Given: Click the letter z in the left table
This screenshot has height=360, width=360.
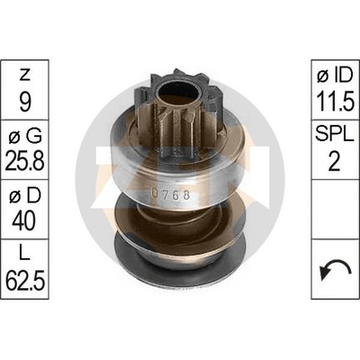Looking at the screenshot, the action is click(25, 75).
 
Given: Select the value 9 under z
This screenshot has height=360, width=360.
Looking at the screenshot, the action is click(25, 102).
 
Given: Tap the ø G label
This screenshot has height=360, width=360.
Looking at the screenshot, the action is click(25, 137).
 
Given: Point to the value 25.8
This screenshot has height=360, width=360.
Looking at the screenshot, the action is click(25, 161).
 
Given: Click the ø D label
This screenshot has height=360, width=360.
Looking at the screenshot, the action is click(25, 196).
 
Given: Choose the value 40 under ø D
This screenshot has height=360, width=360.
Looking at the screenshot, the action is click(25, 221).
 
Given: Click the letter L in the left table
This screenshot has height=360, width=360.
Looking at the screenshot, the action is click(25, 255).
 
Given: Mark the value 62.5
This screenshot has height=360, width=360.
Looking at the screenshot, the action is click(25, 281).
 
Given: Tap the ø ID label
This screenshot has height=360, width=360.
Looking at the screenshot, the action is click(335, 75).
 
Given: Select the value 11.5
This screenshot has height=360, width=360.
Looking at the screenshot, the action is click(335, 102).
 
